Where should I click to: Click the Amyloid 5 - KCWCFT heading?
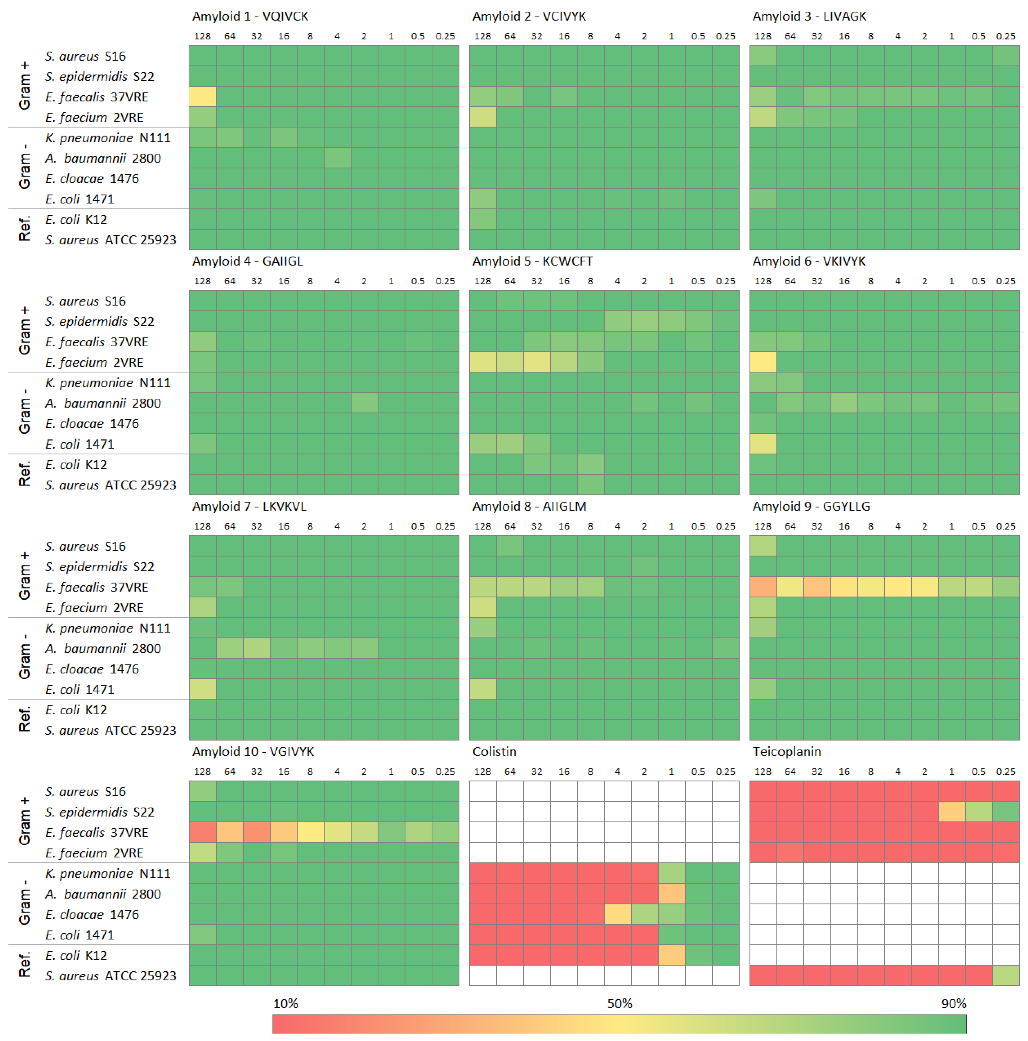(532, 261)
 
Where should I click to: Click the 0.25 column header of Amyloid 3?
(1005, 36)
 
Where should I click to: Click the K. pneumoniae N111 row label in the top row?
(108, 138)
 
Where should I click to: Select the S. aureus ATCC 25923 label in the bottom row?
(110, 976)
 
